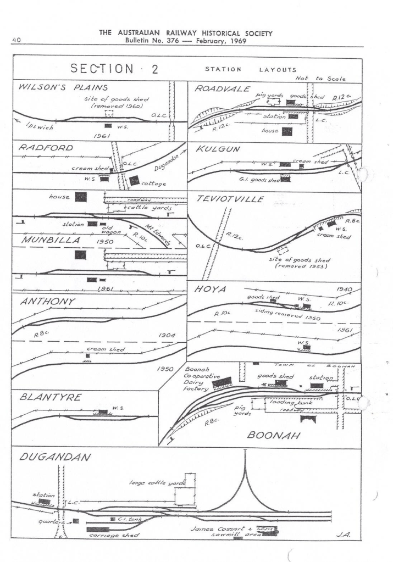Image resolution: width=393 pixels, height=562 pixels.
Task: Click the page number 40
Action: [x=16, y=40]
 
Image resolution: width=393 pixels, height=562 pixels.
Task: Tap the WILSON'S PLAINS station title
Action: [x=63, y=87]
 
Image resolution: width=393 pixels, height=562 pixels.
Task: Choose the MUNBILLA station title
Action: [x=51, y=240]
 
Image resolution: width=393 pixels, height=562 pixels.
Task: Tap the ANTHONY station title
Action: [x=47, y=302]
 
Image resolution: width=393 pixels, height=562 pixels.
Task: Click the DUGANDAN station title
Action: [x=54, y=457]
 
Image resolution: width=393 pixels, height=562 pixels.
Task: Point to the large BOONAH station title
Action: [x=273, y=435]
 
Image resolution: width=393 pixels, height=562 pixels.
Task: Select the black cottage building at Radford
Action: [x=134, y=180]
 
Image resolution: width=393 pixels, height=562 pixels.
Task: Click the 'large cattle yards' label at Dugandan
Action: [x=156, y=483]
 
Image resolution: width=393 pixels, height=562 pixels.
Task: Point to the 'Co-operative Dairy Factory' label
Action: [x=198, y=379]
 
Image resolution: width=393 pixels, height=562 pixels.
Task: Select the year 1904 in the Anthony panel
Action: [x=167, y=335]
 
